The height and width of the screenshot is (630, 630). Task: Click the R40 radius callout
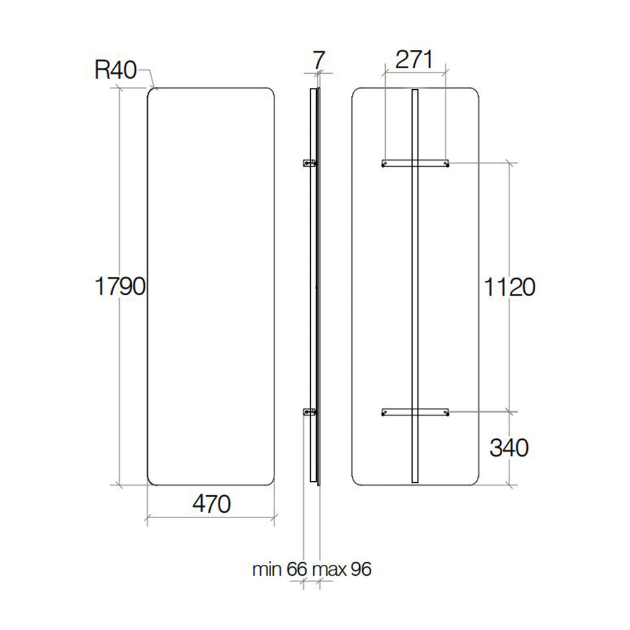click(x=115, y=70)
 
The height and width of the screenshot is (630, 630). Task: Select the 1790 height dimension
click(x=119, y=287)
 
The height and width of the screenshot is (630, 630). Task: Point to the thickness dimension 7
click(x=318, y=60)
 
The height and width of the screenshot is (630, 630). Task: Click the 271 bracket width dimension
click(x=415, y=60)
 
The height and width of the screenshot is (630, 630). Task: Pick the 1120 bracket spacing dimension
click(x=509, y=287)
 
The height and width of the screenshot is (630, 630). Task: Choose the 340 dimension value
click(x=509, y=448)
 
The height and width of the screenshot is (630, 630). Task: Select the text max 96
click(x=341, y=569)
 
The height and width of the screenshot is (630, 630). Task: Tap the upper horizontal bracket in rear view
click(x=415, y=163)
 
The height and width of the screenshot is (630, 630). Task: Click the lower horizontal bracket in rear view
click(x=415, y=412)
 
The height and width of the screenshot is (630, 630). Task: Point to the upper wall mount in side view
click(x=309, y=163)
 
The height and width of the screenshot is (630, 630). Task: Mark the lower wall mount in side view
click(x=309, y=412)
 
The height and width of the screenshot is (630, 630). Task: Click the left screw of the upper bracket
click(x=385, y=164)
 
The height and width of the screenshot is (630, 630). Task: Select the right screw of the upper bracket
click(x=447, y=164)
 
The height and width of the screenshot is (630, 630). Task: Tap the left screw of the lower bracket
click(x=385, y=412)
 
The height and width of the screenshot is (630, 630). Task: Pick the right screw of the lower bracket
click(x=447, y=412)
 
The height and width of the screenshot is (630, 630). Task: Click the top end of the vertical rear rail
click(x=415, y=92)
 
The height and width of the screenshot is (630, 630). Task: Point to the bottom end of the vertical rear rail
click(x=415, y=482)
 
